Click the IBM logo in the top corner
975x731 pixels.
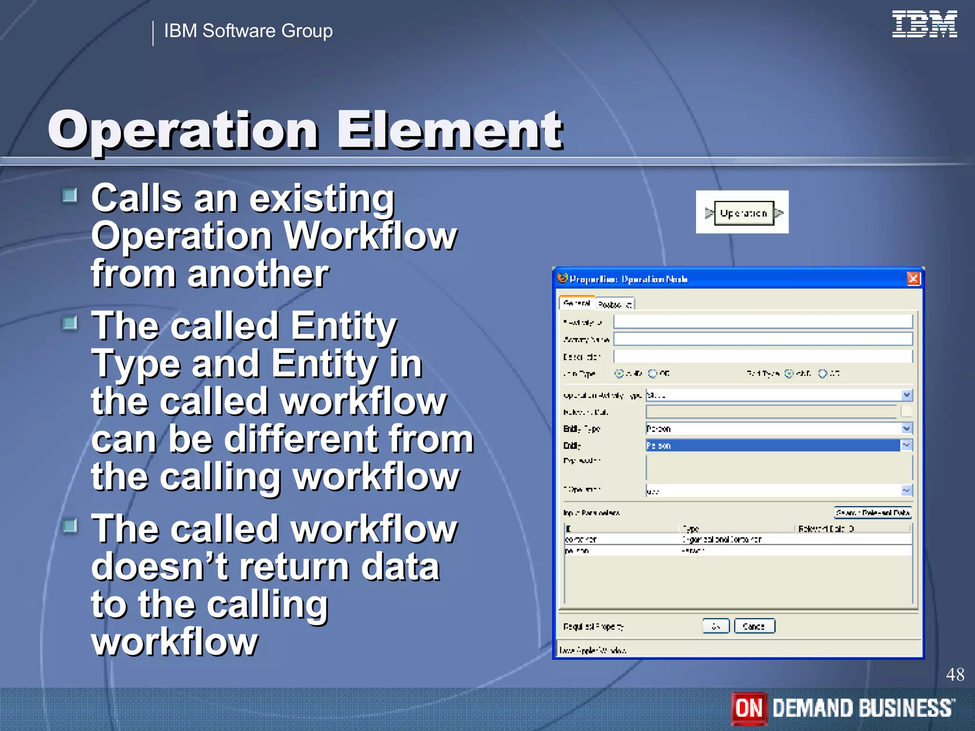pyautogui.click(x=924, y=24)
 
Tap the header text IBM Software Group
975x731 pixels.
pyautogui.click(x=248, y=31)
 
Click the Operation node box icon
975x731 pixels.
pyautogui.click(x=744, y=213)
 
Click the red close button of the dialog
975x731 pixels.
pyautogui.click(x=913, y=278)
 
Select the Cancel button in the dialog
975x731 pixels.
pyautogui.click(x=754, y=626)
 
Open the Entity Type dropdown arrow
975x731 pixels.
pyautogui.click(x=906, y=429)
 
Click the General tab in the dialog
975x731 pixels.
pyautogui.click(x=577, y=303)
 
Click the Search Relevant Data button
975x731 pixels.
pyautogui.click(x=873, y=513)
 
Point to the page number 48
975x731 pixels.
pyautogui.click(x=955, y=675)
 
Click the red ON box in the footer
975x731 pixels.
pyautogui.click(x=749, y=708)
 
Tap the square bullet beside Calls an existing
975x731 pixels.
pyautogui.click(x=70, y=195)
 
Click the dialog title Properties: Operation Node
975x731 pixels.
pyautogui.click(x=628, y=279)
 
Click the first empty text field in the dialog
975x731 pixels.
pyautogui.click(x=762, y=322)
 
